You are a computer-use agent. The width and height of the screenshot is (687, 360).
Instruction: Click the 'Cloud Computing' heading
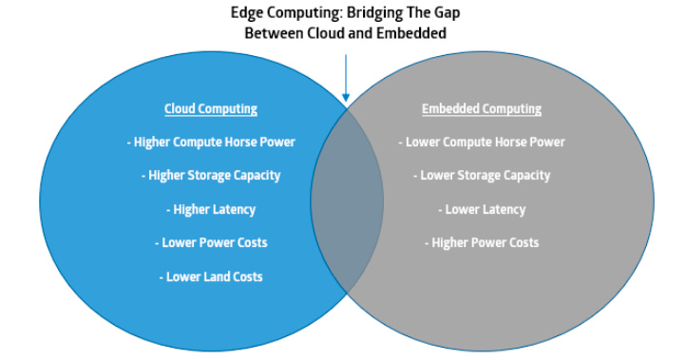tap(210, 109)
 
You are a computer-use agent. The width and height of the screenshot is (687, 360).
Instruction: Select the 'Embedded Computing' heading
tap(481, 109)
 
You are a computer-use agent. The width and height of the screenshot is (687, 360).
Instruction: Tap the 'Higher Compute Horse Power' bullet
tap(210, 142)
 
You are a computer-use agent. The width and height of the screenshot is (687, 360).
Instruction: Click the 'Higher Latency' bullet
tap(210, 209)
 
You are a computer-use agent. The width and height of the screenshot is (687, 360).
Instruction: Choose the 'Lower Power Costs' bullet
tap(210, 243)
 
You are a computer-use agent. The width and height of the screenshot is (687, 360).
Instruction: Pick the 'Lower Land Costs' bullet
tap(210, 276)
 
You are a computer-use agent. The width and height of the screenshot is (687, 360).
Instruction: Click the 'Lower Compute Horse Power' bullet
tap(481, 142)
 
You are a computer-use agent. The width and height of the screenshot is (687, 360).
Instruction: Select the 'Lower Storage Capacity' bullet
tap(481, 176)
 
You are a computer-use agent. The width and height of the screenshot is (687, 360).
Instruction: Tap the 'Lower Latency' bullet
tap(481, 209)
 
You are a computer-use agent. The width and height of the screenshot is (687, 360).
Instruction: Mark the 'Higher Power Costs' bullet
tap(481, 243)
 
